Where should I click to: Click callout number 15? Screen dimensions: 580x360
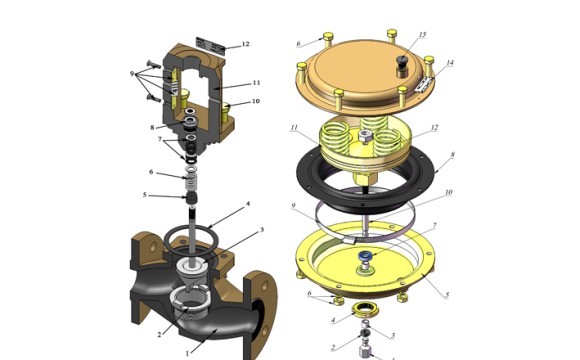click(422, 35)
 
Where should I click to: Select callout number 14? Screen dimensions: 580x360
click(449, 63)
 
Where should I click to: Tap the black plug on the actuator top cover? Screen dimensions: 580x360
click(401, 60)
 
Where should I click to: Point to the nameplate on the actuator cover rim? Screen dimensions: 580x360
click(423, 84)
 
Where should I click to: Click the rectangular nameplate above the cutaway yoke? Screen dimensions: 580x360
click(211, 46)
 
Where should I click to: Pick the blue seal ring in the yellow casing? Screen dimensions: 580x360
click(366, 255)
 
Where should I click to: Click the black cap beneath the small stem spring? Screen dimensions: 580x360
click(191, 198)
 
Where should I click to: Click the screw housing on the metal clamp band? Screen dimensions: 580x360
click(349, 240)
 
